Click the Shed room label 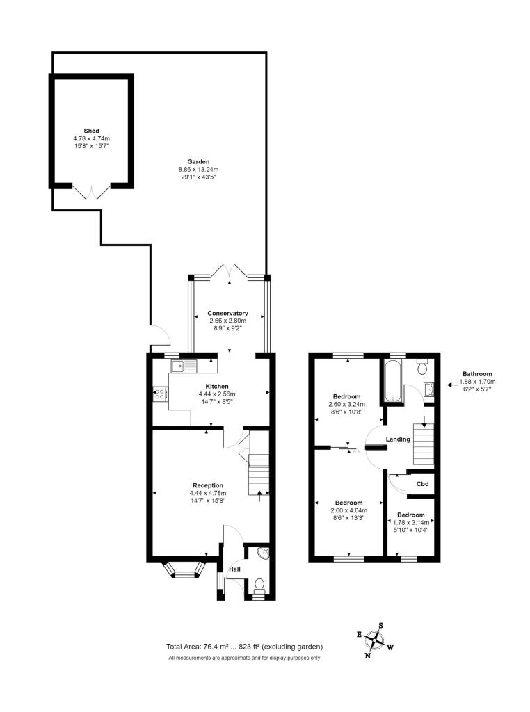[x=91, y=131]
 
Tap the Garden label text [x=198, y=161]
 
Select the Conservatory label [x=227, y=313]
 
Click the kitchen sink [x=184, y=366]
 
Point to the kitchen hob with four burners [x=160, y=394]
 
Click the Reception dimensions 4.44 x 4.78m [x=208, y=493]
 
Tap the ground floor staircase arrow [x=259, y=496]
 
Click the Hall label [x=234, y=569]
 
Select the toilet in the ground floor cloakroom [x=259, y=585]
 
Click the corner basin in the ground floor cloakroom [x=264, y=553]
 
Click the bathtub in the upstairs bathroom [x=393, y=380]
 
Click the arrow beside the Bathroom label [x=453, y=385]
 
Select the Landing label [x=398, y=439]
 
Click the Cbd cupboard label [x=422, y=484]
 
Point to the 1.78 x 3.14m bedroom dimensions [x=411, y=523]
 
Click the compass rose [x=375, y=640]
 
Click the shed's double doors [x=91, y=192]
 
